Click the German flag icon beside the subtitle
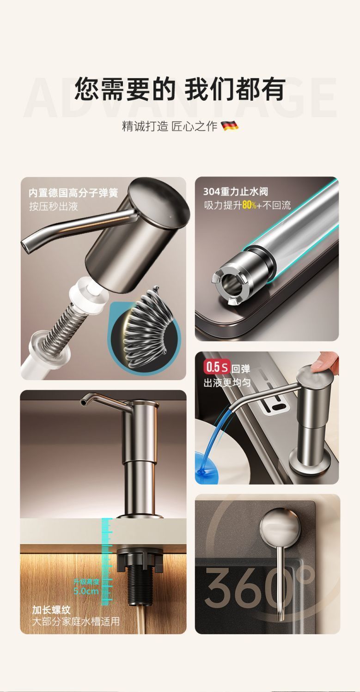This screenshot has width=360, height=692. click(230, 126)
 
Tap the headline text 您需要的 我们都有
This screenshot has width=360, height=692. click(180, 89)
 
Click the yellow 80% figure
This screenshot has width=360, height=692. click(250, 205)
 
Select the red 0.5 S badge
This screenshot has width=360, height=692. click(216, 367)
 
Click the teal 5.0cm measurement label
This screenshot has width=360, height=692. click(86, 591)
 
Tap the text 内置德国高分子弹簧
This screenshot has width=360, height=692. click(73, 193)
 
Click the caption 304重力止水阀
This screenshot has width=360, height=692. click(236, 192)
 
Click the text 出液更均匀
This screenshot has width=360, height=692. click(227, 383)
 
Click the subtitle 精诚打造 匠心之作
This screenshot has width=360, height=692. click(170, 126)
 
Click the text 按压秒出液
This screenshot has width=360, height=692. click(54, 206)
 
